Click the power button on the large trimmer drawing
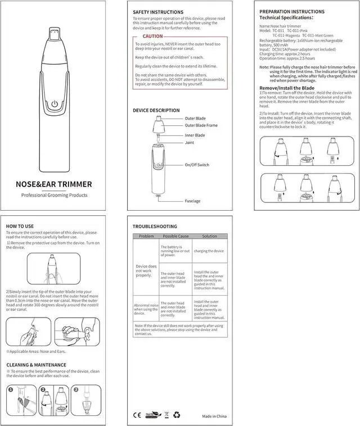[x=54, y=104]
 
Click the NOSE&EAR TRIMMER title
[x=54, y=184]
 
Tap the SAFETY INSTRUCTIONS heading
[x=158, y=12]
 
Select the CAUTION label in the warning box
[x=152, y=37]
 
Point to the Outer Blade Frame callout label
[x=201, y=125]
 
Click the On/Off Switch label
[x=197, y=165]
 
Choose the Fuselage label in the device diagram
[x=192, y=201]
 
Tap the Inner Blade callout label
[x=195, y=135]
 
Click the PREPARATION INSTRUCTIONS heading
[x=292, y=11]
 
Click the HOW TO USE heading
[x=20, y=226]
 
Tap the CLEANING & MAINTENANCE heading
[x=37, y=365]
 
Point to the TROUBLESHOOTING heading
[x=155, y=226]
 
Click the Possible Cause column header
[x=174, y=236]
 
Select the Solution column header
[x=209, y=236]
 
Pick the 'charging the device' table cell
[x=209, y=251]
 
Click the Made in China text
[x=215, y=416]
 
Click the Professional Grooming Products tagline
[x=54, y=195]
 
